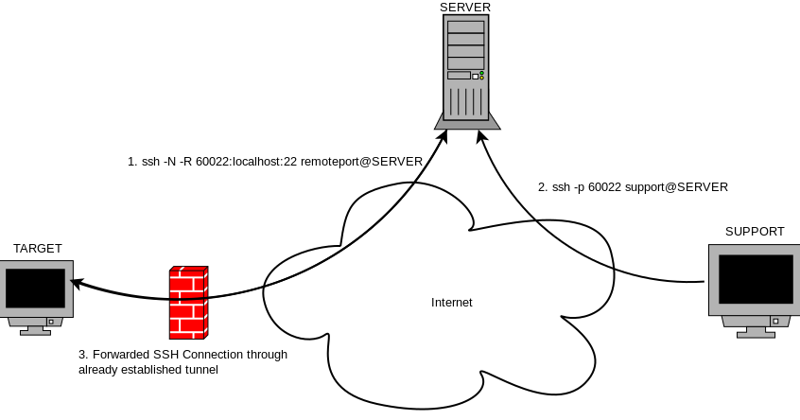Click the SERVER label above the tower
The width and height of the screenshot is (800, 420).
point(465,8)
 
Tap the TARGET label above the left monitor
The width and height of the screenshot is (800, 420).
point(37,249)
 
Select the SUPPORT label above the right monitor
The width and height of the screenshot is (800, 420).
point(755,232)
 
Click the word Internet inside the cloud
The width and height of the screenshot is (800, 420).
point(451,303)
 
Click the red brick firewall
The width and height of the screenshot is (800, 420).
point(189,302)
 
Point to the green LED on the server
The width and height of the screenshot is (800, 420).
point(481,74)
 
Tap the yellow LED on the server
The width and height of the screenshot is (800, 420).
point(481,79)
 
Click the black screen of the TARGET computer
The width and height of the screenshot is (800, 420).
point(35,289)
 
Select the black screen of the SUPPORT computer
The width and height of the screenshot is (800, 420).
point(757,279)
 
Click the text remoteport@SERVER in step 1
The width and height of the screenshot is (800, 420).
point(361,162)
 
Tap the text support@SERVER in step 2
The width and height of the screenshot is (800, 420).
point(676,187)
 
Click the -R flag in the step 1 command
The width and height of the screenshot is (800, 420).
point(186,162)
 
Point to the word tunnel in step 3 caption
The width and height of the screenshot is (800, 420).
point(202,370)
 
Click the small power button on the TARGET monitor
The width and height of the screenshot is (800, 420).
point(51,322)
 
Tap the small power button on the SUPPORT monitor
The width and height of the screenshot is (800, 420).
point(775,321)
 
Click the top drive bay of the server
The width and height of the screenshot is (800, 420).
point(466,27)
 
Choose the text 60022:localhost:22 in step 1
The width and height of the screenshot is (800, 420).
point(247,162)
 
